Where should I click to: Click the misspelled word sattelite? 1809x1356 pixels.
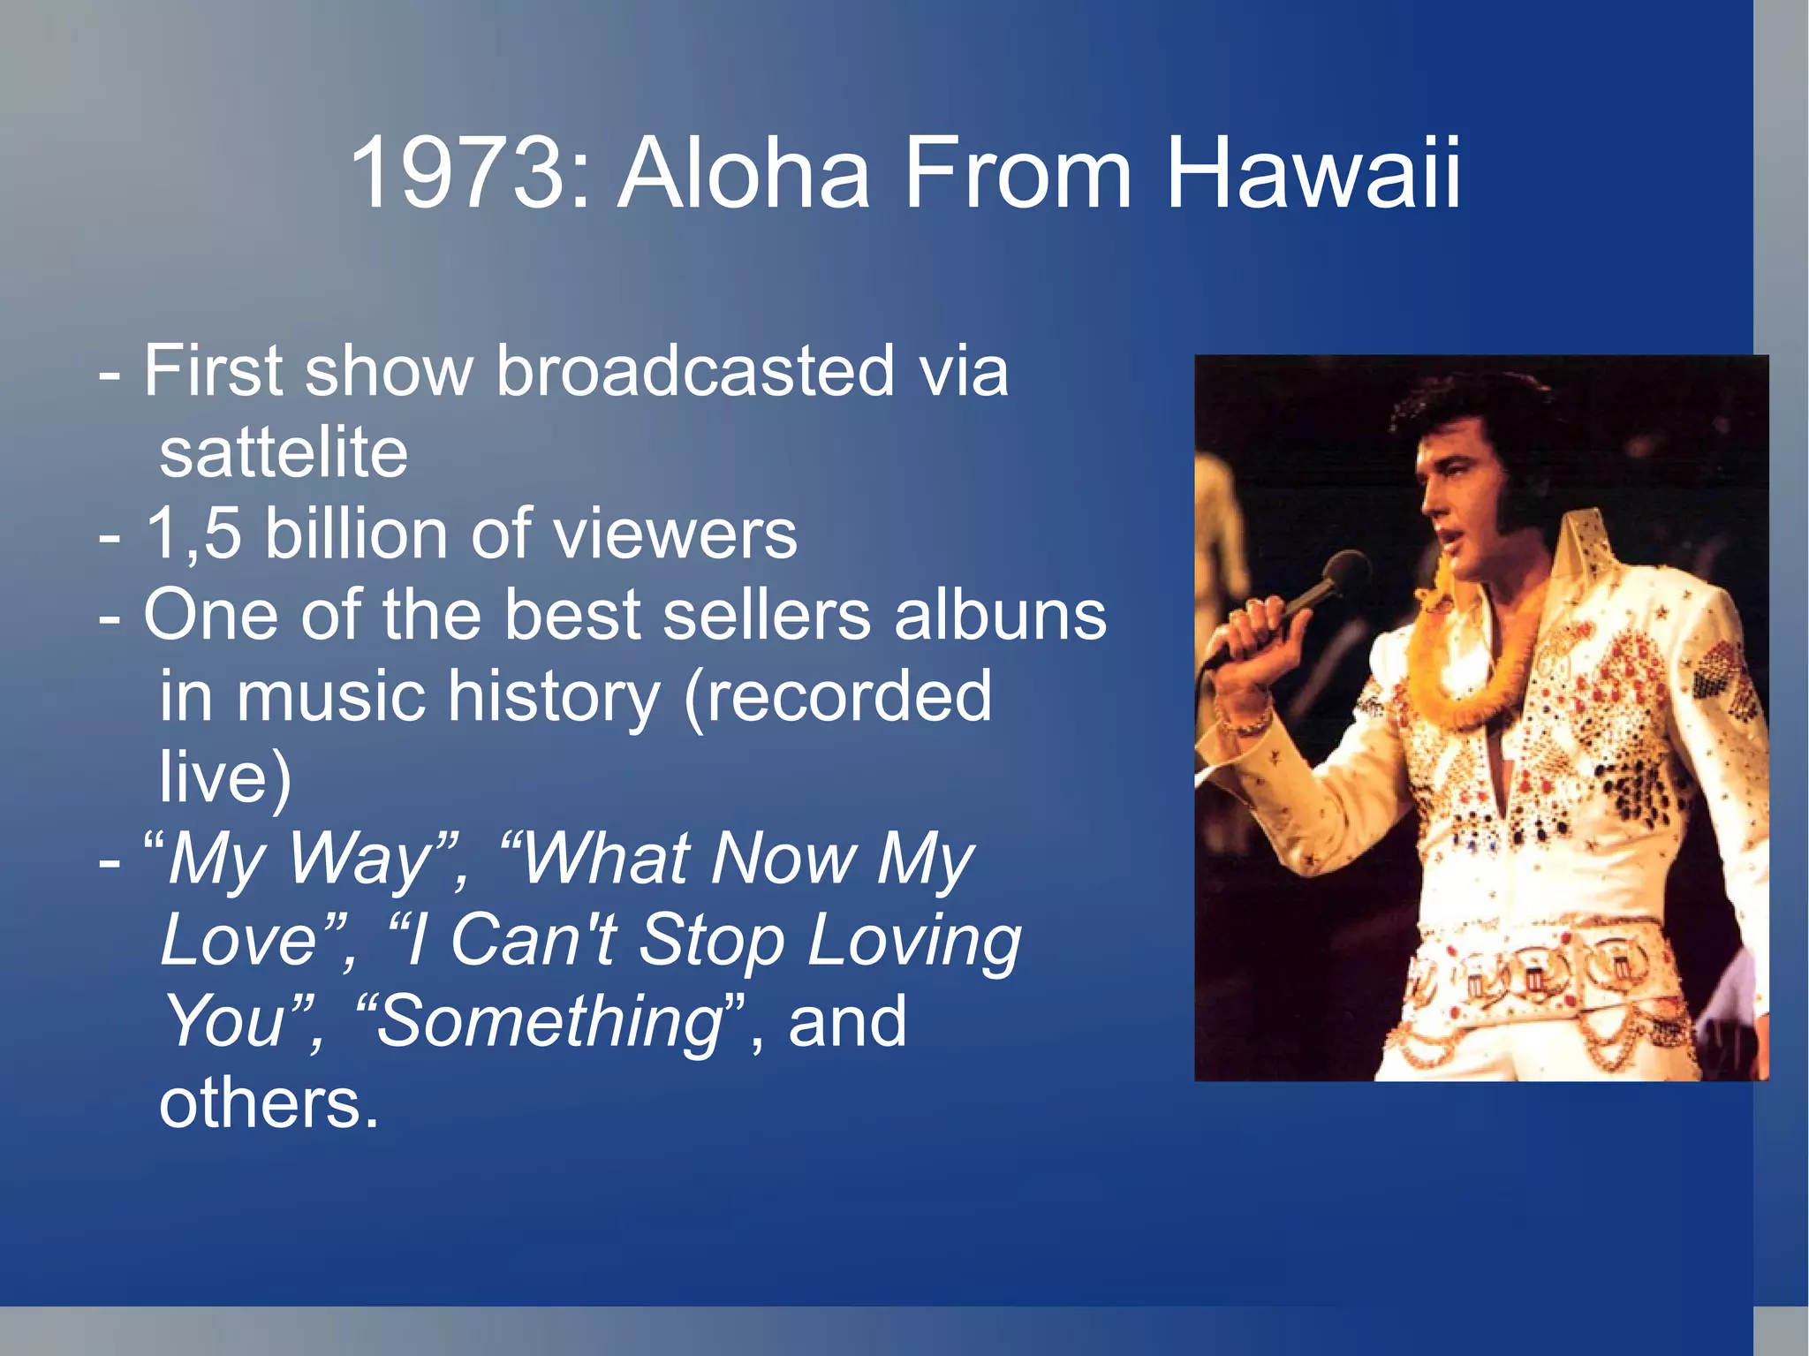pos(284,453)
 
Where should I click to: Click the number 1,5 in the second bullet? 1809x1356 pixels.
pos(193,534)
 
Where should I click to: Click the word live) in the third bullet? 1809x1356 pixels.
pos(224,777)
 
